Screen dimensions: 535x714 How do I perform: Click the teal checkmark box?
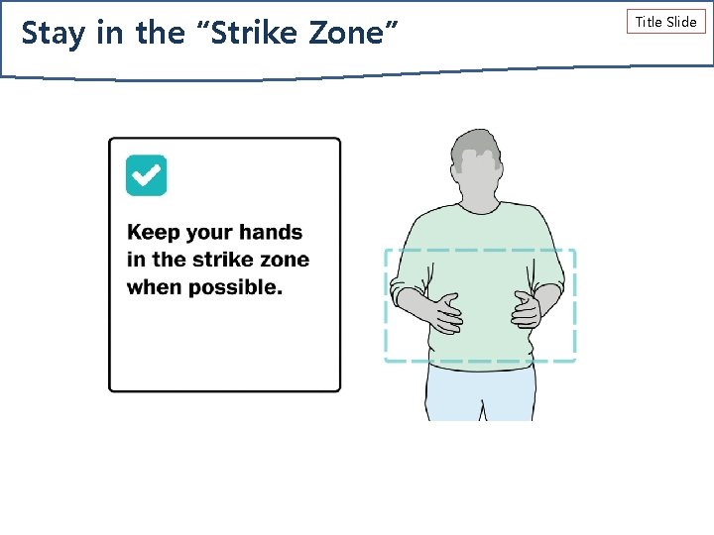pyautogui.click(x=146, y=175)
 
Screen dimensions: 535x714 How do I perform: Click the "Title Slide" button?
pyautogui.click(x=665, y=21)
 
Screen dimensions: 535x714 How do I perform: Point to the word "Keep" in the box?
pyautogui.click(x=154, y=233)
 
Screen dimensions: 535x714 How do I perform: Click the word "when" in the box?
pyautogui.click(x=151, y=288)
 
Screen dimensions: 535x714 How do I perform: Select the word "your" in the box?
pyautogui.click(x=208, y=233)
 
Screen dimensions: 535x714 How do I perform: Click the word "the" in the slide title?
pyautogui.click(x=160, y=33)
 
